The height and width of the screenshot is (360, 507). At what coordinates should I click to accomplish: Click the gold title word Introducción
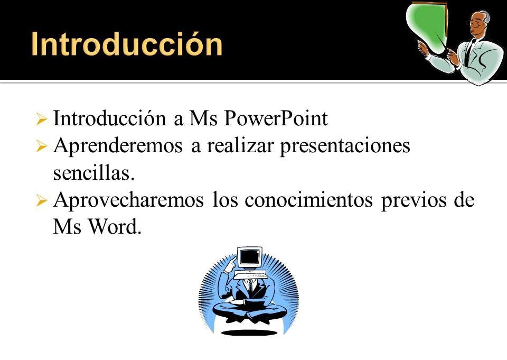pos(127,44)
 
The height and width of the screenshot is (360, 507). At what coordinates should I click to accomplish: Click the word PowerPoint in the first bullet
pos(276,118)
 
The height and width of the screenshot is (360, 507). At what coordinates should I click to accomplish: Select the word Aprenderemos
pos(118,146)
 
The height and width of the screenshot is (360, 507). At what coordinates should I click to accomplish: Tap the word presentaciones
pos(345,146)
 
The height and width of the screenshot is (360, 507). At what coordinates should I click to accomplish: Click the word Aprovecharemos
pos(129,200)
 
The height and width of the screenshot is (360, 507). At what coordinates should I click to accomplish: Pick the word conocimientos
pos(308,200)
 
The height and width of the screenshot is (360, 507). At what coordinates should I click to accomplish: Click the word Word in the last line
pos(115,227)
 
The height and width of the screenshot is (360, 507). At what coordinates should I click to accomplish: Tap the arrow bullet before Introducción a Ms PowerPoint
pos(42,119)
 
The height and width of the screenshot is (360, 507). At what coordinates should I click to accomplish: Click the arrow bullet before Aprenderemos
pos(42,146)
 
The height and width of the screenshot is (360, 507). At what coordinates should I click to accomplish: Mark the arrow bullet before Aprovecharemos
pos(42,200)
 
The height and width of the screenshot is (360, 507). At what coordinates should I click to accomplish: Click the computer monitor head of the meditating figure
pos(249,259)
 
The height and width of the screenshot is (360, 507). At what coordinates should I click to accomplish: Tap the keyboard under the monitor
pos(250,275)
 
